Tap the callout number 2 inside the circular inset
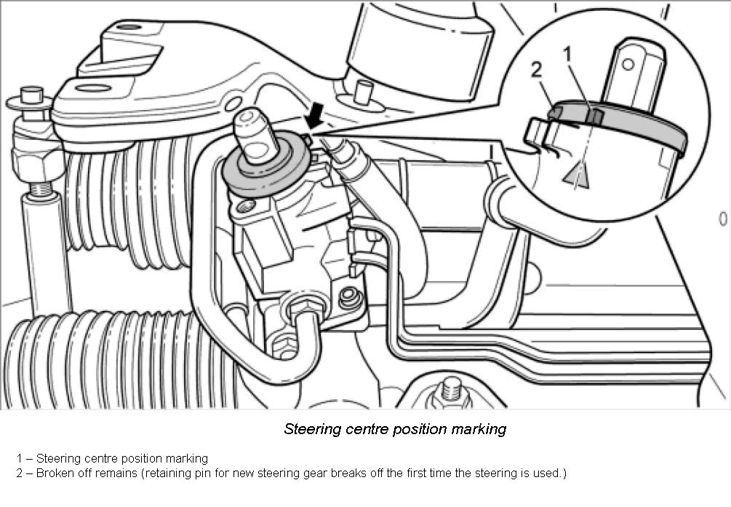click(x=537, y=70)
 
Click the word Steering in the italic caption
click(x=311, y=428)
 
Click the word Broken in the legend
click(x=55, y=473)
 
